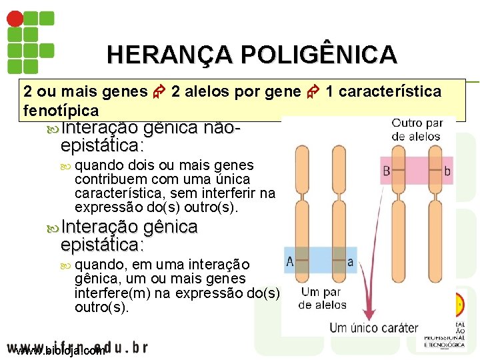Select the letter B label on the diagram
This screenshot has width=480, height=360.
pos(387,171)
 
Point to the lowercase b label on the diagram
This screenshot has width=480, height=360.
pos(447,171)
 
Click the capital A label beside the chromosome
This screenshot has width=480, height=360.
pos(290,260)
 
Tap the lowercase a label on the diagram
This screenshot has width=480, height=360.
pos(351,260)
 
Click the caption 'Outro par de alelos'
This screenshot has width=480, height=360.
pos(417,129)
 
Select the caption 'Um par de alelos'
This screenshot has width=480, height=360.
pos(322,298)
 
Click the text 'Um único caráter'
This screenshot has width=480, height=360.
pos(373,327)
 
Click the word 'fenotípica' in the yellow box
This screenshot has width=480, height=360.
pos(61,110)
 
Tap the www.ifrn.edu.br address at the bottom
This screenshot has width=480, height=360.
pos(77,347)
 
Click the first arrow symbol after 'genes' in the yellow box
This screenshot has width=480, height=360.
pos(159,92)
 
